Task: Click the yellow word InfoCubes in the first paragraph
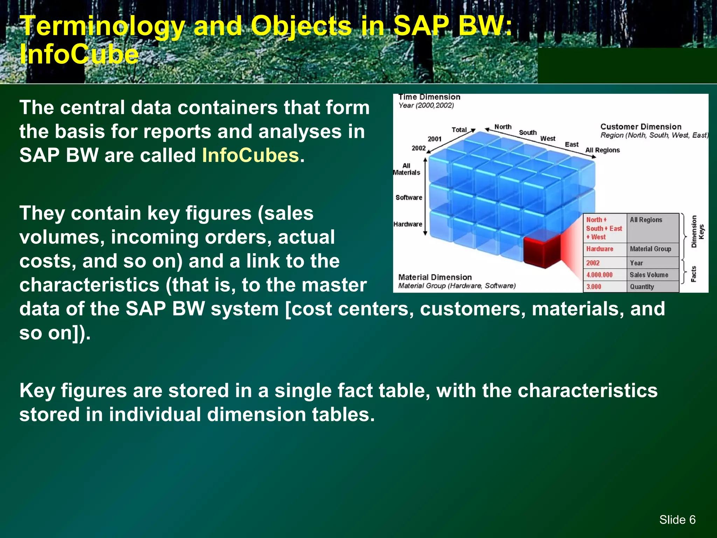click(x=250, y=155)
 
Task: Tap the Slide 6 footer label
click(x=677, y=519)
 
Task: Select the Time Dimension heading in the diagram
click(x=429, y=97)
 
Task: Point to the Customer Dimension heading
click(x=641, y=127)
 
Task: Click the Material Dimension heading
click(x=435, y=277)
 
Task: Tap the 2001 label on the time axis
click(x=434, y=139)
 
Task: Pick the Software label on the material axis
click(x=409, y=198)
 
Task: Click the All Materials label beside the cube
click(x=406, y=169)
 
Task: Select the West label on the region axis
click(x=548, y=139)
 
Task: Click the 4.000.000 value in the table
click(x=599, y=275)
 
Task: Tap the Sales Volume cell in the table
click(x=649, y=275)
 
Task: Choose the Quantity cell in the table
click(x=642, y=287)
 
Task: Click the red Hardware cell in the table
click(x=600, y=249)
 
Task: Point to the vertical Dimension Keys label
click(x=697, y=232)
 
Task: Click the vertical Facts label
click(x=694, y=274)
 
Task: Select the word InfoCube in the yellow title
click(x=79, y=55)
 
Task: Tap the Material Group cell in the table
click(x=650, y=249)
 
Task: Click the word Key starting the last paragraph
click(x=37, y=391)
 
